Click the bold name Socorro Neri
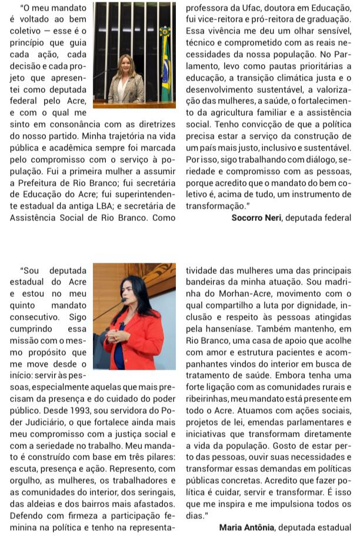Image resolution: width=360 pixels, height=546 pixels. (x=256, y=217)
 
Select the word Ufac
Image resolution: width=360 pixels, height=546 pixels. (x=247, y=8)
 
